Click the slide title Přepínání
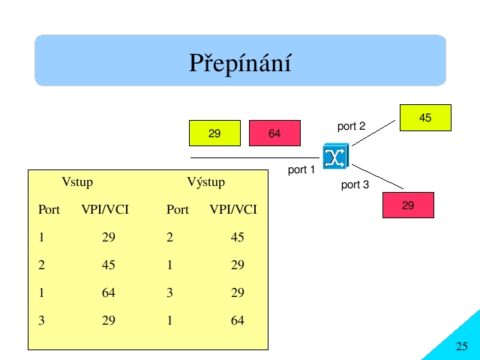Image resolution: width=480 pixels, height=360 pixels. pyautogui.click(x=240, y=63)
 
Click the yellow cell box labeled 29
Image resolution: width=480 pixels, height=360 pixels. pyautogui.click(x=214, y=133)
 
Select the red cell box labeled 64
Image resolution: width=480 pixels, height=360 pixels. pyautogui.click(x=274, y=133)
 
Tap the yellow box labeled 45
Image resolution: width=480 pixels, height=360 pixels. pyautogui.click(x=425, y=118)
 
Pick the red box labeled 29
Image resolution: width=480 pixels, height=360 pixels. pyautogui.click(x=408, y=205)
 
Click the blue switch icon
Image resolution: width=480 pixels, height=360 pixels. pyautogui.click(x=335, y=156)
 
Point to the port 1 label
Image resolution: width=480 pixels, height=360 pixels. pyautogui.click(x=301, y=170)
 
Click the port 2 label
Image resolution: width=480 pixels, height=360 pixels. pyautogui.click(x=351, y=126)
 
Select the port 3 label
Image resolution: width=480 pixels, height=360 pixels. pyautogui.click(x=355, y=185)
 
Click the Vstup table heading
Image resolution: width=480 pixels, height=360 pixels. pyautogui.click(x=77, y=182)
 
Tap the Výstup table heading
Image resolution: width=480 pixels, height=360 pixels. pyautogui.click(x=206, y=182)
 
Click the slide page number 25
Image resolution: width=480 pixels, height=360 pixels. pyautogui.click(x=462, y=346)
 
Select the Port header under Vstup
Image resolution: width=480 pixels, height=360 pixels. pyautogui.click(x=49, y=210)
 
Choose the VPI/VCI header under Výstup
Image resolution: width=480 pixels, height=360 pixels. pyautogui.click(x=233, y=210)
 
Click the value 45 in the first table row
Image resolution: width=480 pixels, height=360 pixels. pyautogui.click(x=237, y=237)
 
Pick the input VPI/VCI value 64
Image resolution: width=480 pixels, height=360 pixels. pyautogui.click(x=108, y=293)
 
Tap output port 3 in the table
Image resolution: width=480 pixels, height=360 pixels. pyautogui.click(x=169, y=293)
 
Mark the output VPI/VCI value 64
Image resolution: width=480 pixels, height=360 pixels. pyautogui.click(x=237, y=320)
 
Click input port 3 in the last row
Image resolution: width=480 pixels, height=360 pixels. pyautogui.click(x=41, y=320)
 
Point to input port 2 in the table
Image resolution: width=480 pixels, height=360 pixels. pyautogui.click(x=41, y=265)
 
